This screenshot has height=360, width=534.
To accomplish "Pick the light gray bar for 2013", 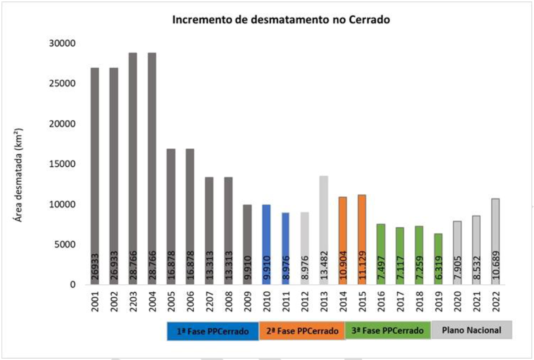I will click(x=324, y=224).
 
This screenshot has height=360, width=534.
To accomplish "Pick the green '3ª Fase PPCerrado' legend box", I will click(x=388, y=331).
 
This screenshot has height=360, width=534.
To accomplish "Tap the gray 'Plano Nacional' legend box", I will click(x=471, y=330).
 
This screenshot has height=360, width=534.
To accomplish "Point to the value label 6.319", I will click(x=439, y=268).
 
